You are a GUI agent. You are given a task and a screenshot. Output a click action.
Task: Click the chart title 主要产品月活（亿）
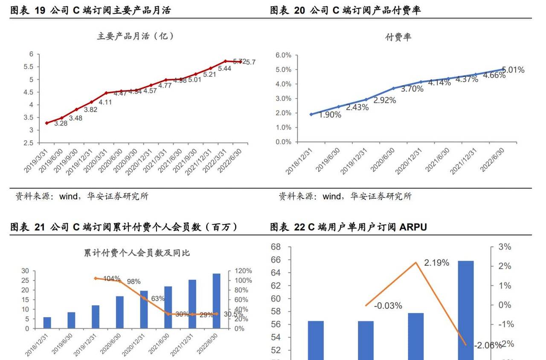(x=136, y=36)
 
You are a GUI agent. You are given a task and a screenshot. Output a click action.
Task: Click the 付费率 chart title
(x=398, y=37)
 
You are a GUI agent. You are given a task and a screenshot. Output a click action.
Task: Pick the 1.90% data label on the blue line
(x=330, y=115)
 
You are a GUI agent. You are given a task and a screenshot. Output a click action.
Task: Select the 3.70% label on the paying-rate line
(x=412, y=89)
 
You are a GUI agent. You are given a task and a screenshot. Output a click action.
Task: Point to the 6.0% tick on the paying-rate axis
(x=283, y=55)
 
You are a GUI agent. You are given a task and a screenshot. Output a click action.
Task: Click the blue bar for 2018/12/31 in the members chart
(x=47, y=323)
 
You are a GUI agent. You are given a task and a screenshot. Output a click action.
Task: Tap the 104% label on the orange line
(x=112, y=279)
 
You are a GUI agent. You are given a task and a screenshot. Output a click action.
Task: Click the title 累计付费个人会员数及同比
(x=136, y=253)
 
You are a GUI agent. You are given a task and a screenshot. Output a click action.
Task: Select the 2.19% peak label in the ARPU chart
(x=436, y=263)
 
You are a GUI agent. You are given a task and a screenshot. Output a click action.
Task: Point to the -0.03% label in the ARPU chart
(x=388, y=306)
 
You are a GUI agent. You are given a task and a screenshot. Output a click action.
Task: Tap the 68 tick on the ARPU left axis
(x=275, y=247)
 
